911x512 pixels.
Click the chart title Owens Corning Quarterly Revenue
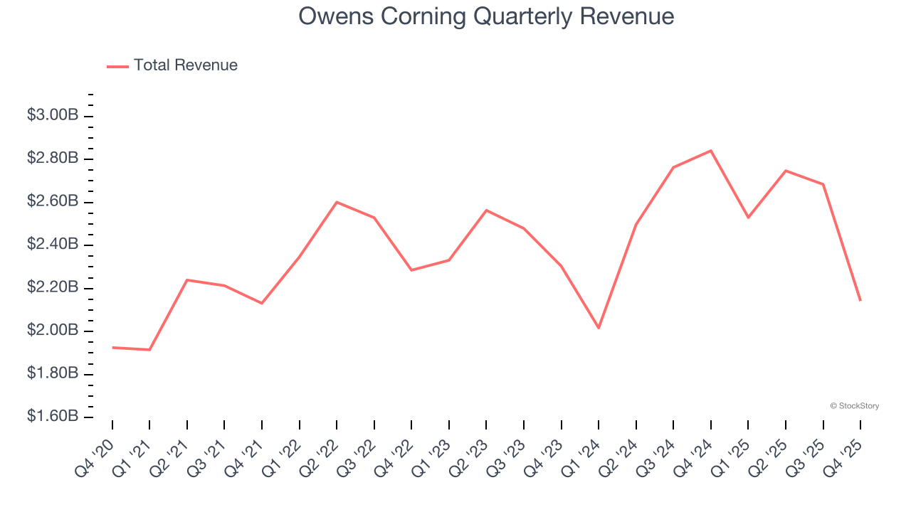[486, 16]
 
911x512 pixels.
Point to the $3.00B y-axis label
[52, 115]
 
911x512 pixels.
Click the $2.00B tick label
[52, 331]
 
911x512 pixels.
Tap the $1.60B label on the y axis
[52, 417]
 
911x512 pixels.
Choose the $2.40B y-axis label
[52, 245]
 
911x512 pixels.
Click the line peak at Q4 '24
[711, 151]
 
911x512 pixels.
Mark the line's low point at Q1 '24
[599, 328]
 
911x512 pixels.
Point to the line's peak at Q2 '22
[337, 202]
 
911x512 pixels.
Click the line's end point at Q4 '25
[860, 300]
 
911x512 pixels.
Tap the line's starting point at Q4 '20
[112, 348]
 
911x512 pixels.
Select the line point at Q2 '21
[187, 280]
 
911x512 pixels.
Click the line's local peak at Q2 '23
[486, 210]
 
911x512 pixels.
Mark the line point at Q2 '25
[786, 171]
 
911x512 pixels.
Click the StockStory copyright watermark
[854, 406]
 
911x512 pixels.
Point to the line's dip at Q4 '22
[411, 270]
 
